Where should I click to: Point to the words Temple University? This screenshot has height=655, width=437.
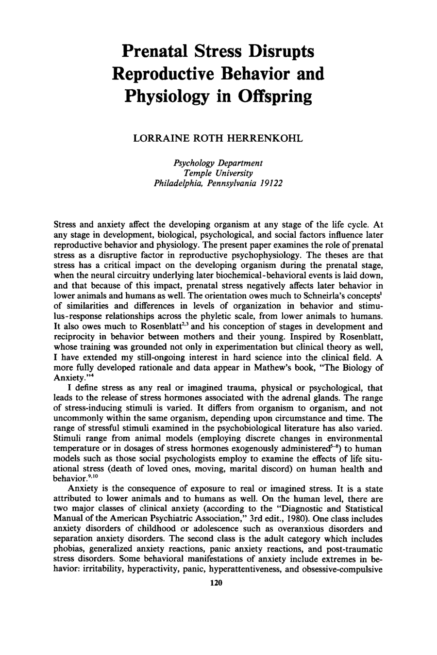[218, 173]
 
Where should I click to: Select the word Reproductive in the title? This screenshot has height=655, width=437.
[160, 73]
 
